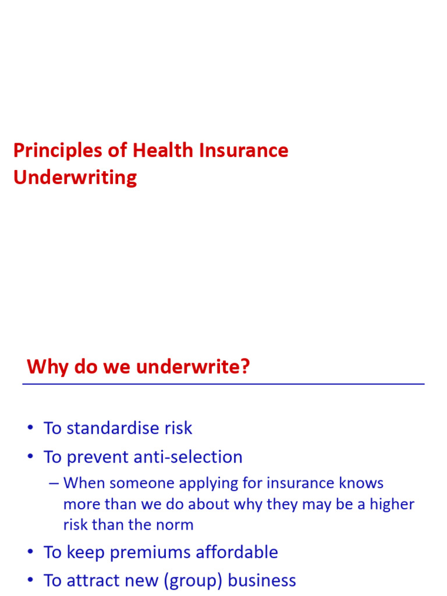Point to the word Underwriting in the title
point(75,178)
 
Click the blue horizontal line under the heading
point(223,384)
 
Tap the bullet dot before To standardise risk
point(30,429)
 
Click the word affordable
point(235,552)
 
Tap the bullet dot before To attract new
point(30,581)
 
